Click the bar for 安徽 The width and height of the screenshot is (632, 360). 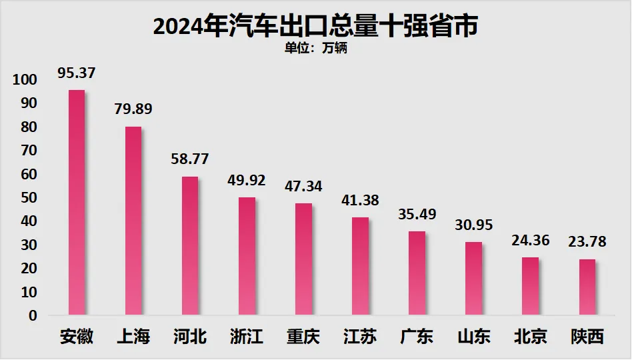coord(77,202)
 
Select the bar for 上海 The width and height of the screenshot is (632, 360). coord(133,221)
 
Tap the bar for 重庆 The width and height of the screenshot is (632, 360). coord(303,259)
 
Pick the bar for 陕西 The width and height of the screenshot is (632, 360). coord(587,287)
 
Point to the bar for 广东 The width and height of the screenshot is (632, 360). coord(417,273)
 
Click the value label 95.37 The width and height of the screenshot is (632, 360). coord(77,73)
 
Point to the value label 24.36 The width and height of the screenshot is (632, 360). coord(531,240)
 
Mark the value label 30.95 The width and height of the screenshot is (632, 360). coord(474,225)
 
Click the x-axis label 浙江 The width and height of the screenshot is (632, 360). coord(247,337)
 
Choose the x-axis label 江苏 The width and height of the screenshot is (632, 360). coord(360,337)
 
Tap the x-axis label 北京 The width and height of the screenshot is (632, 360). coord(531,337)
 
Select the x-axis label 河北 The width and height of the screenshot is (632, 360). coord(190,337)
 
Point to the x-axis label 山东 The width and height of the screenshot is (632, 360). coord(474,337)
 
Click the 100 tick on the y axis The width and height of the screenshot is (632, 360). coord(25,80)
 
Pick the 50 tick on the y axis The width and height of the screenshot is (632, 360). coord(29,198)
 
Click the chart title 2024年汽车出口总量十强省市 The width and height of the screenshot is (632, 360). coord(316,27)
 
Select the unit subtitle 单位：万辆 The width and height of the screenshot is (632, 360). coord(316,48)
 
